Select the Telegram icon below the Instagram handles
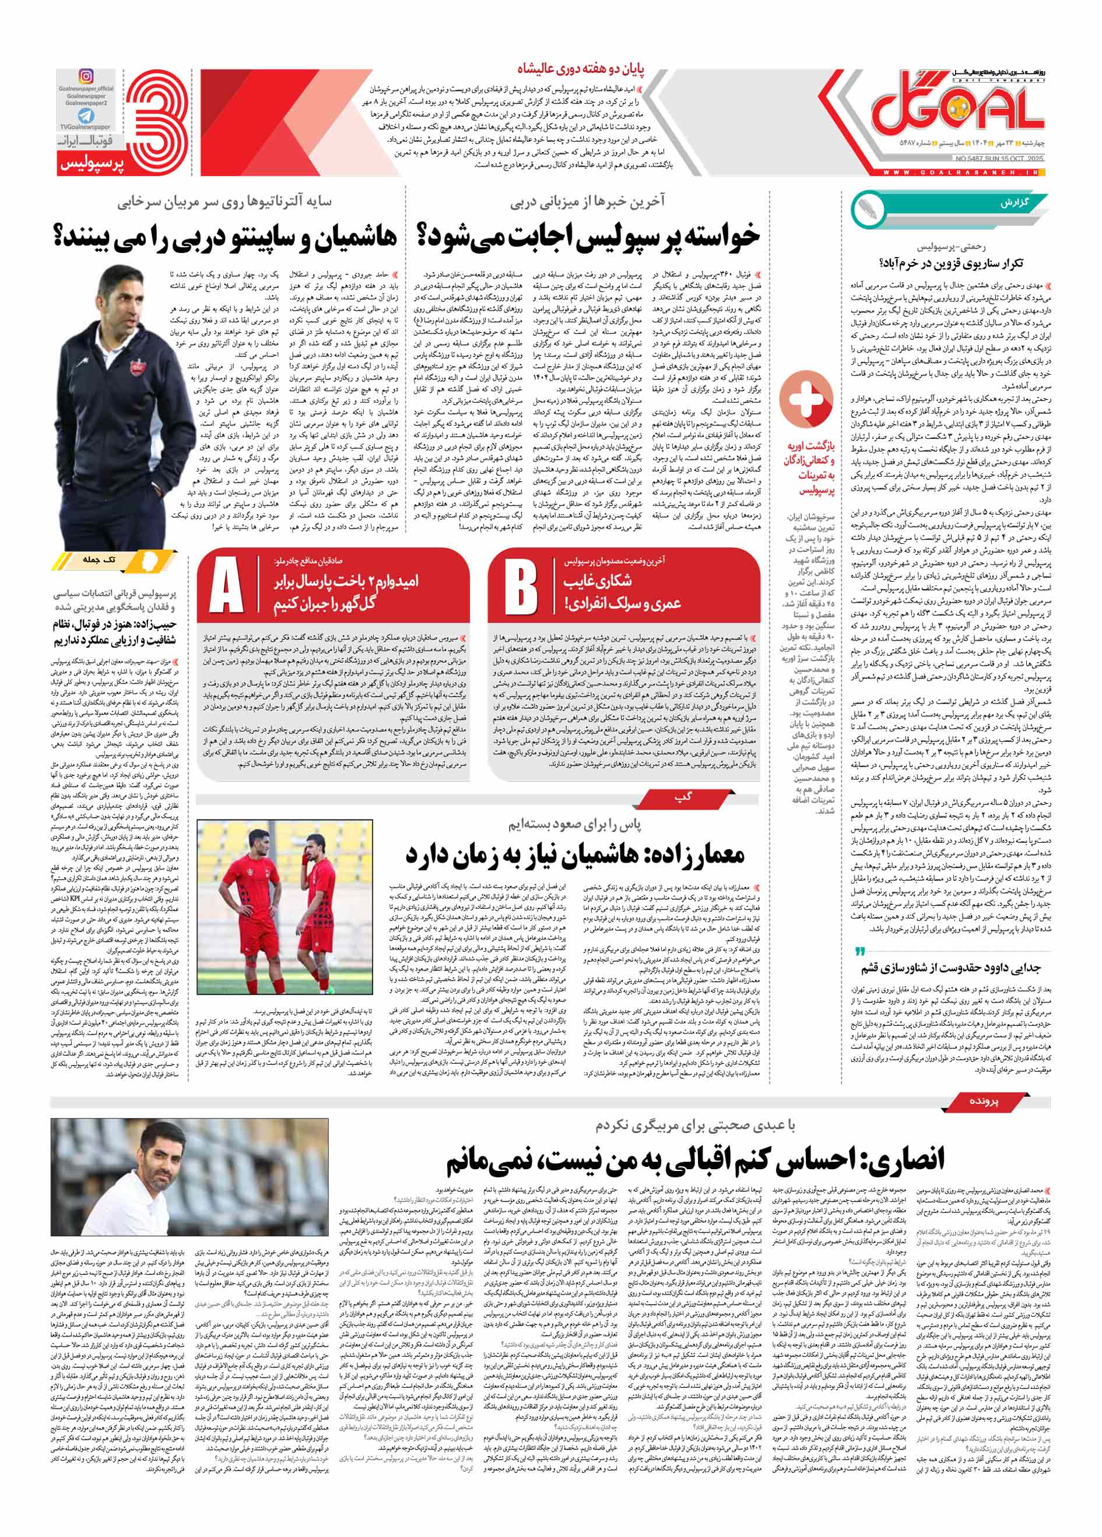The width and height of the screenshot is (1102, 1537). [86, 116]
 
